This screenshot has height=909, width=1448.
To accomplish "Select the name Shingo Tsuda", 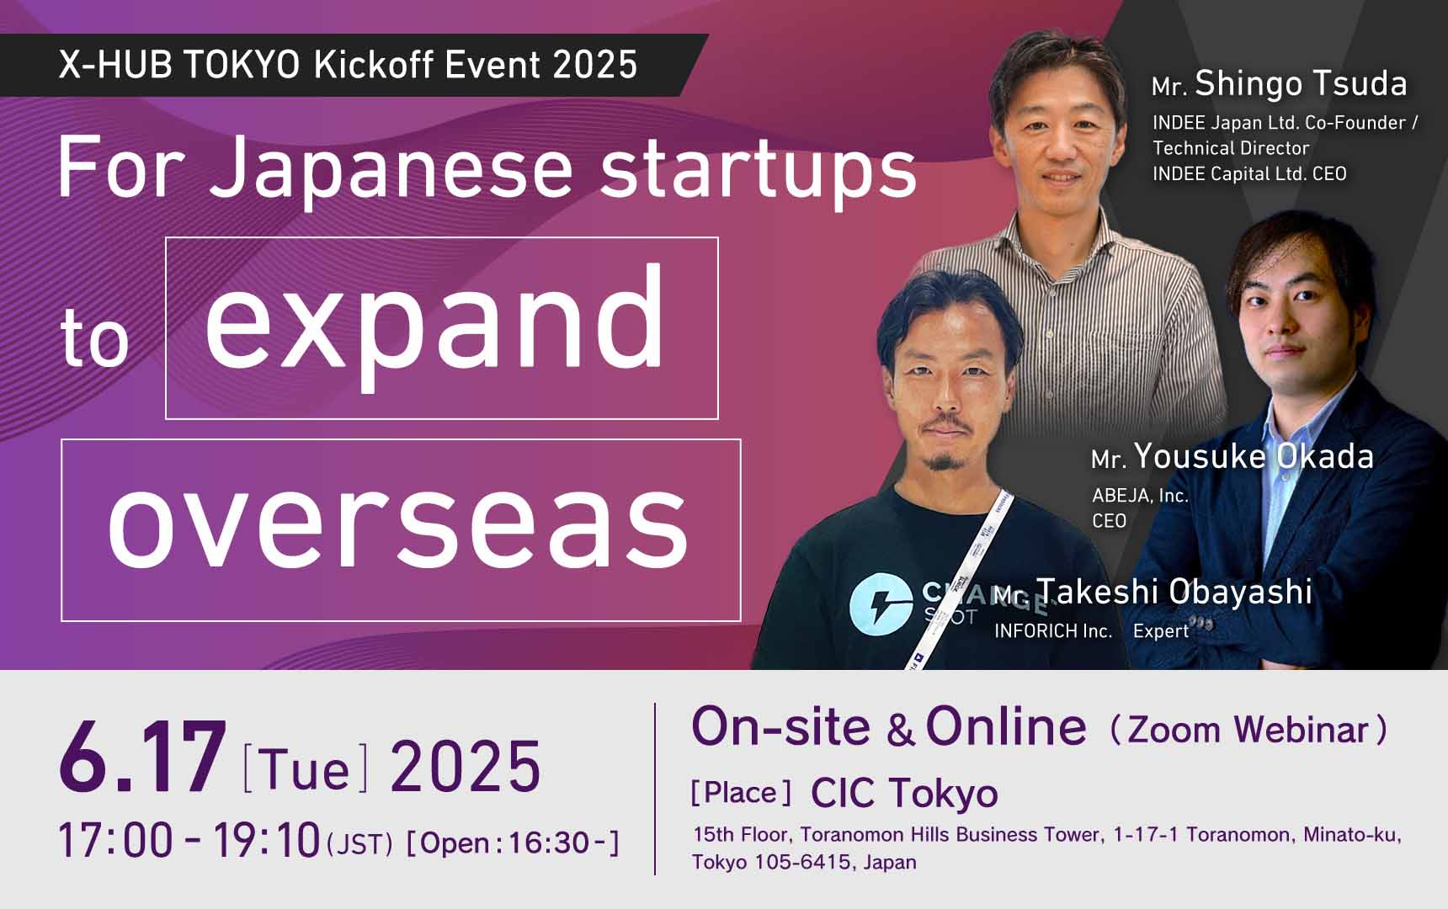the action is [x=1301, y=83].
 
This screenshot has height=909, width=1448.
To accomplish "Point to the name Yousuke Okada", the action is [x=1254, y=456].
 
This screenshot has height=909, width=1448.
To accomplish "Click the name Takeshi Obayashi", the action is [x=1174, y=592].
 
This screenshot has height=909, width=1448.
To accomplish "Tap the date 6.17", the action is [x=141, y=759].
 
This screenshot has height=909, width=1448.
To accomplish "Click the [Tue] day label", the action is [x=305, y=767].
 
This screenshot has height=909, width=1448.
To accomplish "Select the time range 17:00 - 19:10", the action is [x=189, y=840].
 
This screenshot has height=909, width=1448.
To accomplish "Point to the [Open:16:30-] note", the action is [x=513, y=843].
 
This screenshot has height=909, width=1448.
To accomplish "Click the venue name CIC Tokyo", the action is [x=904, y=793].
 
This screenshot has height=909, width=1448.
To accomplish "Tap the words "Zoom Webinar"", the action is [x=1248, y=729].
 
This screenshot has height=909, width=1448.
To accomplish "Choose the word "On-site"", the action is [x=780, y=726].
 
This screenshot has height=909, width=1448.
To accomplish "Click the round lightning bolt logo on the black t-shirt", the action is [x=880, y=603].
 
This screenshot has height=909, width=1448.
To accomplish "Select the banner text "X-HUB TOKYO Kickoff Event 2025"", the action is [x=348, y=65].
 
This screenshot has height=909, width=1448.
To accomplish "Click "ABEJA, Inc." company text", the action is [x=1140, y=496].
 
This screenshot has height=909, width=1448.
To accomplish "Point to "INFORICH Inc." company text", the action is [x=1053, y=631].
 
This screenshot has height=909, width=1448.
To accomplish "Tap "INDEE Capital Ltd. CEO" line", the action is [x=1249, y=173].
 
